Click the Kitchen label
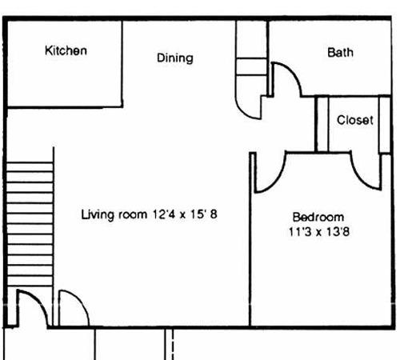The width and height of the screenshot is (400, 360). (x=66, y=50)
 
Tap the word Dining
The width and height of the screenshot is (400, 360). (x=175, y=58)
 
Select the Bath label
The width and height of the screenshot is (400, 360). (x=340, y=52)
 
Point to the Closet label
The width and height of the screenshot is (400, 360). (x=355, y=120)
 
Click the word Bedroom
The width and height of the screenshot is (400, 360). (x=318, y=217)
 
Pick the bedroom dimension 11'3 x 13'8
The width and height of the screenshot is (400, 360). (x=319, y=231)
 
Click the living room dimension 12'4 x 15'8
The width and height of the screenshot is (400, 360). (x=185, y=214)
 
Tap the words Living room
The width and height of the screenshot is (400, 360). (x=114, y=214)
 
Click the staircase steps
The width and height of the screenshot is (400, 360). (x=30, y=224)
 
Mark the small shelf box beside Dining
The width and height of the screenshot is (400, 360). (x=251, y=66)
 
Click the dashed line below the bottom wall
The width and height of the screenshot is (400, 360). (x=173, y=344)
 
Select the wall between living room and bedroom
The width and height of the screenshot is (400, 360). (x=250, y=238)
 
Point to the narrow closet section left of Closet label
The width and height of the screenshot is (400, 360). (x=322, y=124)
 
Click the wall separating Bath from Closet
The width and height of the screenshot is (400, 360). (x=346, y=95)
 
